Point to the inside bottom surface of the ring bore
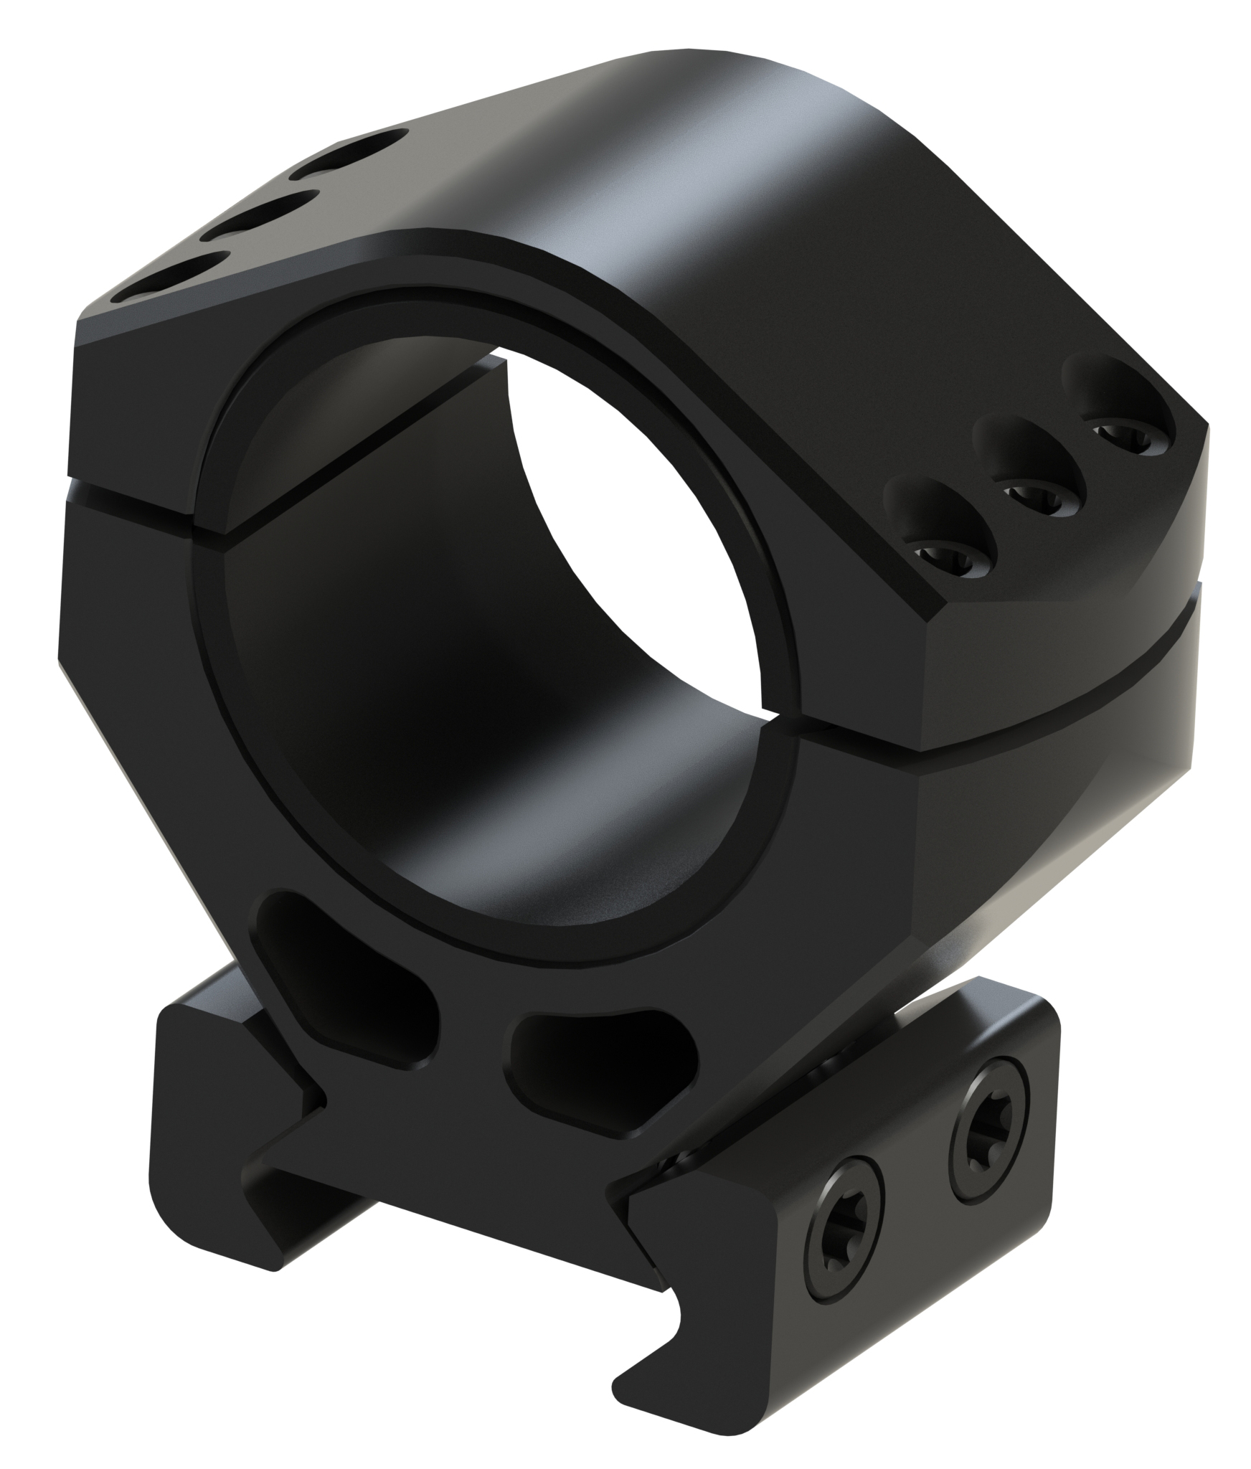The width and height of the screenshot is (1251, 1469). pos(560,861)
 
